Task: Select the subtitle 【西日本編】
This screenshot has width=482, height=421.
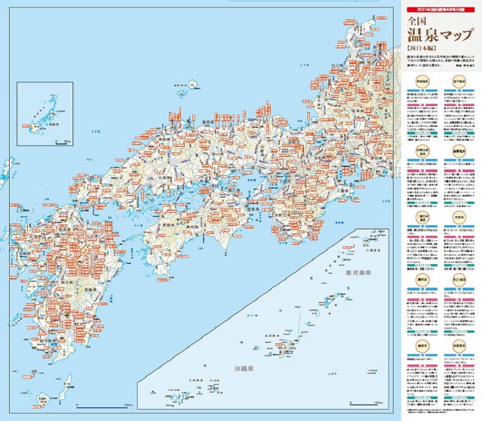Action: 421,46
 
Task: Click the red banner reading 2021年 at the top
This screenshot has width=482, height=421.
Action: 436,10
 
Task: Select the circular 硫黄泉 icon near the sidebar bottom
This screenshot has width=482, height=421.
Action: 421,347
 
